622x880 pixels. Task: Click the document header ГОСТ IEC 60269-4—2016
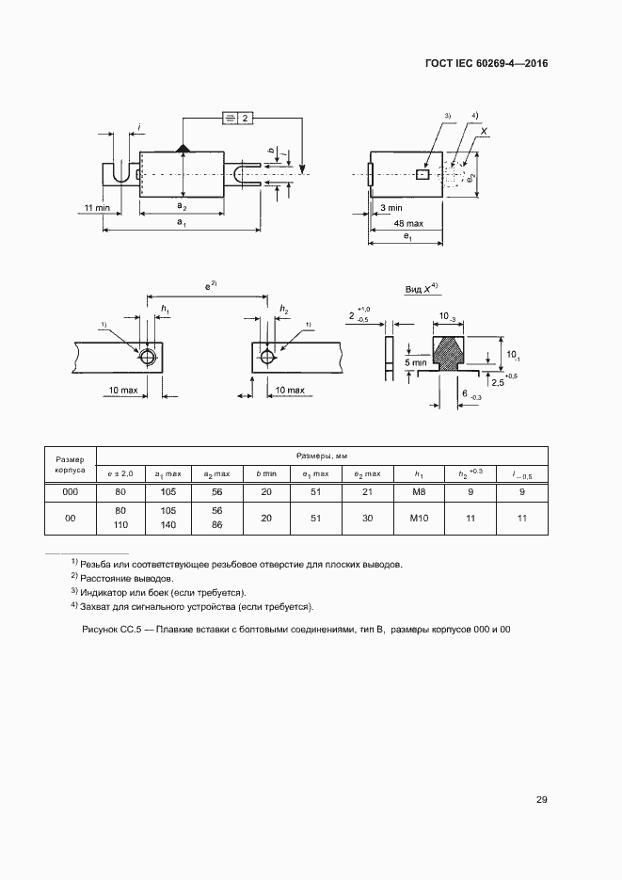(486, 64)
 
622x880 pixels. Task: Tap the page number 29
(542, 800)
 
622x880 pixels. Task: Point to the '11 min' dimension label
(97, 207)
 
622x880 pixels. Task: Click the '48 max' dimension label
(407, 223)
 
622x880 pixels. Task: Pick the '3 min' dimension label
(391, 207)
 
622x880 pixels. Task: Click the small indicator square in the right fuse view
(423, 174)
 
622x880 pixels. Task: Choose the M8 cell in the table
(419, 492)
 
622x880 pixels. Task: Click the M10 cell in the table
(419, 519)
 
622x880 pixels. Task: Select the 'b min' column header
(266, 472)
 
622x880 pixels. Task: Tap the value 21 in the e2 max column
(368, 492)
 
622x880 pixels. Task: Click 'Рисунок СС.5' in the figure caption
(112, 629)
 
